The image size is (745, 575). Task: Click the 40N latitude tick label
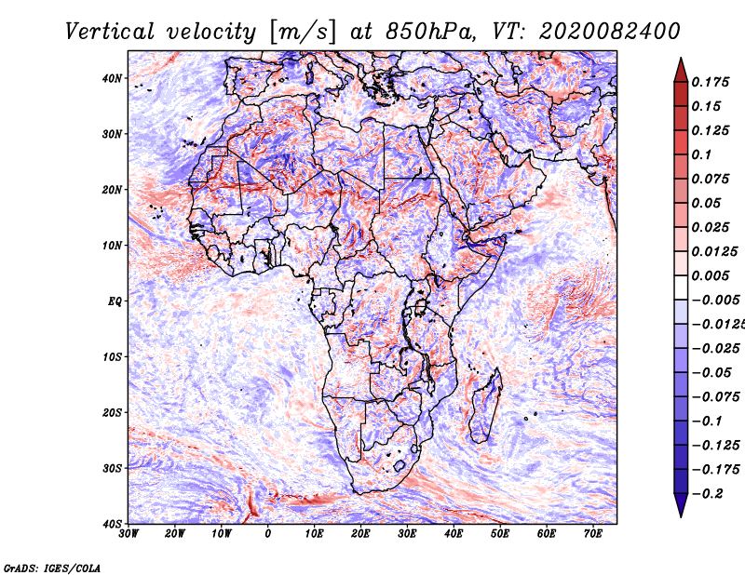[x=113, y=78]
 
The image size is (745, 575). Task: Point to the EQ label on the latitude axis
[x=115, y=301]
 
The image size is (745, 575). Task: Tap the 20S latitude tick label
[x=113, y=412]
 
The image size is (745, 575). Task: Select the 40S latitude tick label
[x=113, y=523]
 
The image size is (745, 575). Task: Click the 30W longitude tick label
[x=129, y=534]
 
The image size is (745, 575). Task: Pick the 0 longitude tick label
[x=268, y=534]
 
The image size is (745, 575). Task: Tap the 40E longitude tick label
[x=454, y=534]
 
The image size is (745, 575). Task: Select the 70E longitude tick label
[x=593, y=534]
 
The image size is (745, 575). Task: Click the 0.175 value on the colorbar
[x=711, y=82]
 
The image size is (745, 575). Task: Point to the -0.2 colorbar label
[x=705, y=493]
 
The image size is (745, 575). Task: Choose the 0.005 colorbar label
[x=711, y=275]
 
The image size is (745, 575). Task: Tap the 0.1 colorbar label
[x=702, y=154]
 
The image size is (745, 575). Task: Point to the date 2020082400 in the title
[x=599, y=32]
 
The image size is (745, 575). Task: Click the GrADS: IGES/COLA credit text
[x=51, y=567]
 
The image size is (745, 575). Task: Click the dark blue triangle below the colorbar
[x=681, y=505]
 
